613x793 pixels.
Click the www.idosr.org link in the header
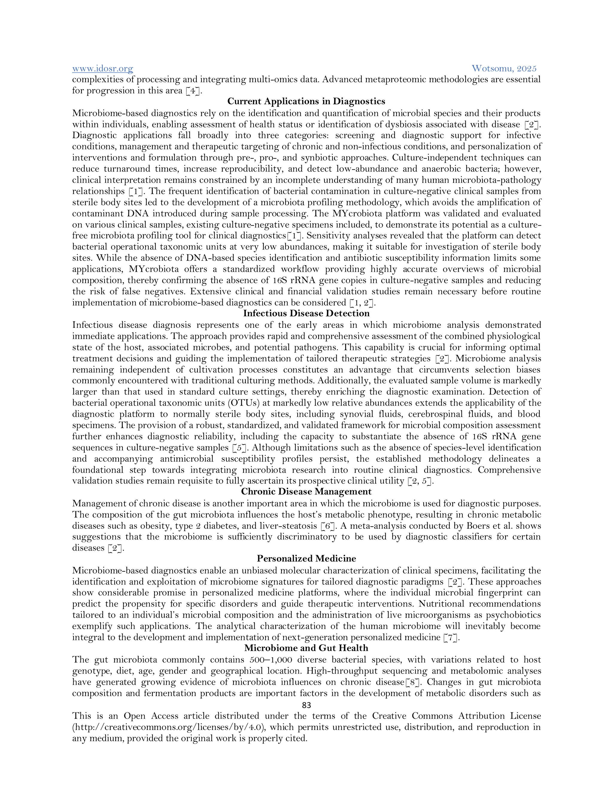(102, 68)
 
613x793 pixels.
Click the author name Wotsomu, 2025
(504, 68)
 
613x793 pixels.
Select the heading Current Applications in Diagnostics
(306, 101)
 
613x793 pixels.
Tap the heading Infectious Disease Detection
(306, 313)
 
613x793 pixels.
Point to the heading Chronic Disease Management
(306, 492)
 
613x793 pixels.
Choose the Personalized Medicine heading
(306, 558)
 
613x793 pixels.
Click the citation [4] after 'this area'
(192, 91)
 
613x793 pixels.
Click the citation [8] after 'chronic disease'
(413, 682)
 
